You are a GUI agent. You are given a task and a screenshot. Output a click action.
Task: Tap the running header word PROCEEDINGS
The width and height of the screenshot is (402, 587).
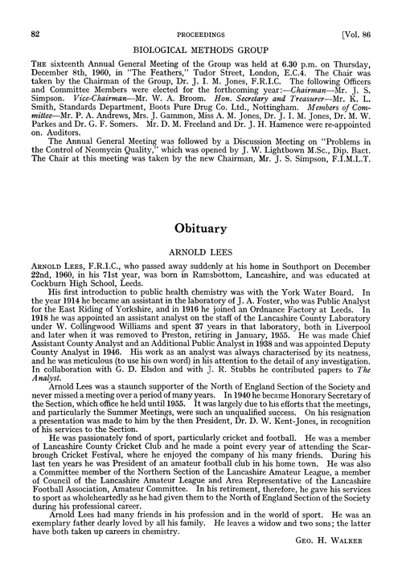pyautogui.click(x=201, y=12)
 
